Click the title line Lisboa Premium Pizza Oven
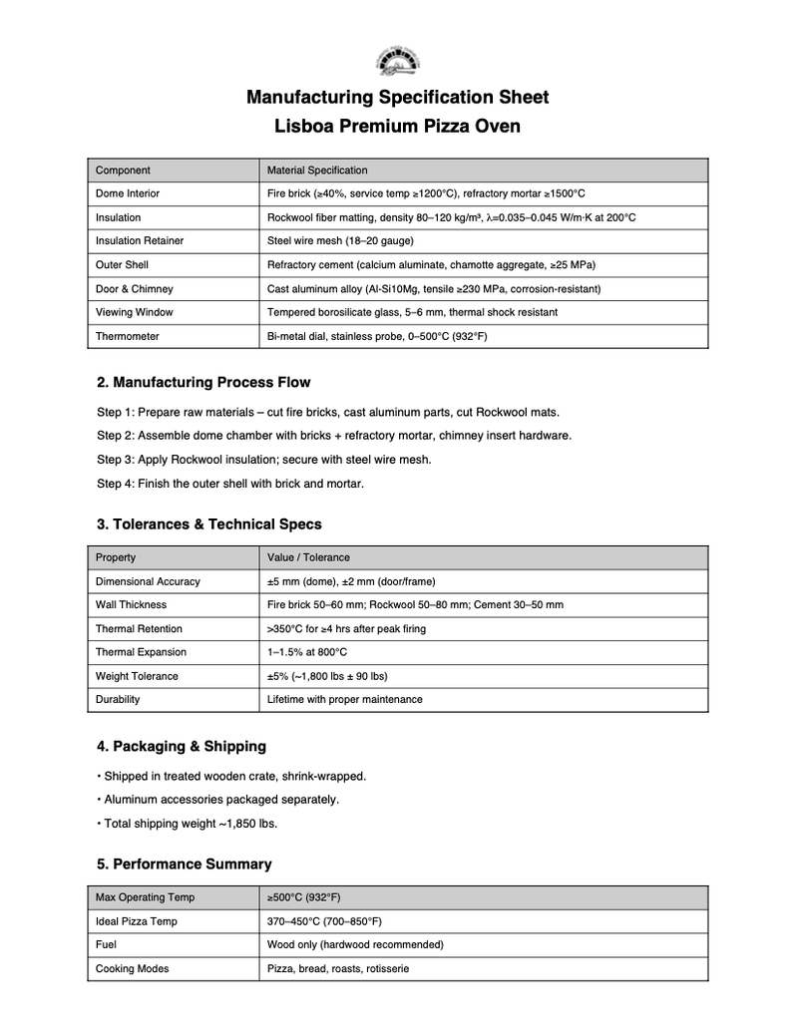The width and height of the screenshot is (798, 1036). [397, 127]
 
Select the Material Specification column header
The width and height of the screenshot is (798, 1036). [317, 171]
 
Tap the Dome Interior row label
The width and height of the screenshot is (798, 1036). [128, 193]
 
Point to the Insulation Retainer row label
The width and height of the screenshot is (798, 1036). [140, 241]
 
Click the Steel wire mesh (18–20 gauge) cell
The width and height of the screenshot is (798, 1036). [340, 241]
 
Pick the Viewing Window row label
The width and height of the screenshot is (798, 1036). [134, 312]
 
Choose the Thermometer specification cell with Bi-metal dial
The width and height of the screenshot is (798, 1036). [377, 337]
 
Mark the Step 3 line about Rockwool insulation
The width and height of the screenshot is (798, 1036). [264, 460]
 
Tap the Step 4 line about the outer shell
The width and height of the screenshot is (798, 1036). [230, 484]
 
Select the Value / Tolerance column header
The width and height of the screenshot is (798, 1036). [308, 557]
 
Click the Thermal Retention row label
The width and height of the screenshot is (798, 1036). [139, 629]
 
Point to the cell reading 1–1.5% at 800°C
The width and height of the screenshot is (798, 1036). [307, 652]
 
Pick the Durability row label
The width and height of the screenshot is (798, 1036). [118, 700]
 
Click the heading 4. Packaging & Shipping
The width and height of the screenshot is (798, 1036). [182, 746]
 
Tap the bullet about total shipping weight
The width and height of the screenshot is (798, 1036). [188, 824]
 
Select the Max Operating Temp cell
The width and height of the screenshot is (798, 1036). [145, 897]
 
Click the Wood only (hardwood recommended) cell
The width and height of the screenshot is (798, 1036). [355, 944]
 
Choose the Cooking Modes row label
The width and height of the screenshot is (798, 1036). [132, 969]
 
